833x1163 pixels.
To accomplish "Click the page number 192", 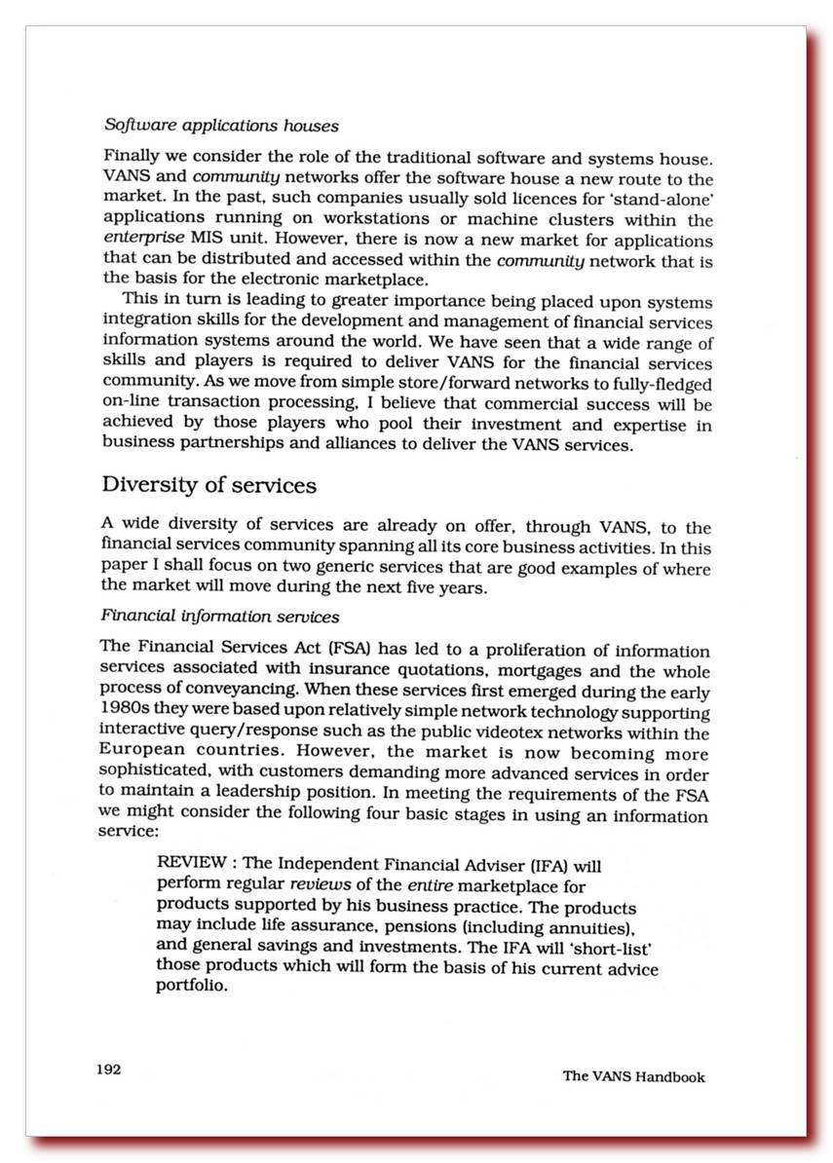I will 107,1069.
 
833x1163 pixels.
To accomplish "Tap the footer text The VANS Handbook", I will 633,1076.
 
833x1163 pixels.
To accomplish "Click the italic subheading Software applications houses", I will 221,126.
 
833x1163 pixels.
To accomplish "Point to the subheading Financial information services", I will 220,617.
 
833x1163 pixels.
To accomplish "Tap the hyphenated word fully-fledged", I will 655,384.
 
